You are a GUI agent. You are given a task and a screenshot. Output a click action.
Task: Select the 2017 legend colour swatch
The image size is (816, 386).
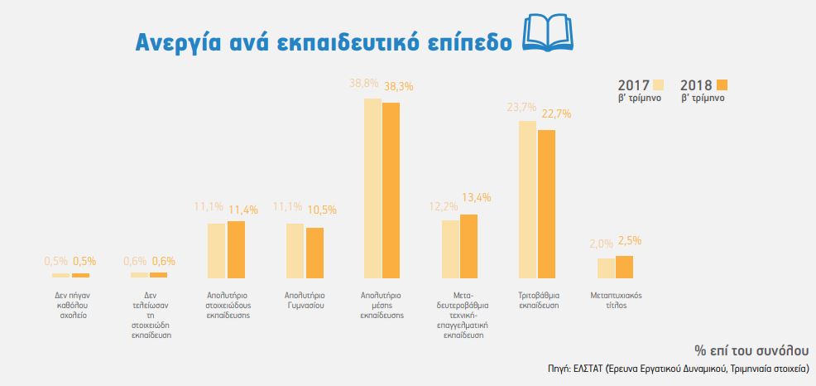[660, 85]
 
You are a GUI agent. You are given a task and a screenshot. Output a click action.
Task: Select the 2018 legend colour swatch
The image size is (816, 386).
[722, 85]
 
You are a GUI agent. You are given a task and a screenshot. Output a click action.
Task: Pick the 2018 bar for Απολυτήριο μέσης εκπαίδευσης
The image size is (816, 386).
[391, 190]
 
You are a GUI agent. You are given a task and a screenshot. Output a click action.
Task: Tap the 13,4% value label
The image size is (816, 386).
[477, 197]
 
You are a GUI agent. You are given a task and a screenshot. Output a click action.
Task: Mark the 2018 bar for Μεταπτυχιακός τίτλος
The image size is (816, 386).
[624, 267]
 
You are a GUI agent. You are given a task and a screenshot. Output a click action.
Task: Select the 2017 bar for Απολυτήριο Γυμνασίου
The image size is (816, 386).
[295, 250]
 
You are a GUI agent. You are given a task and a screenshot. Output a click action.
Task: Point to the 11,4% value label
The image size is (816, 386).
[242, 210]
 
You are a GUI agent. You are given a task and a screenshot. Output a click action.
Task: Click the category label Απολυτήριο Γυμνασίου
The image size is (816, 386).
[305, 299]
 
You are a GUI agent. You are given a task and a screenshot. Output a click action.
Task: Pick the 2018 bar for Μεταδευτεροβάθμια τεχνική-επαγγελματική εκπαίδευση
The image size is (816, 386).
[468, 246]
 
